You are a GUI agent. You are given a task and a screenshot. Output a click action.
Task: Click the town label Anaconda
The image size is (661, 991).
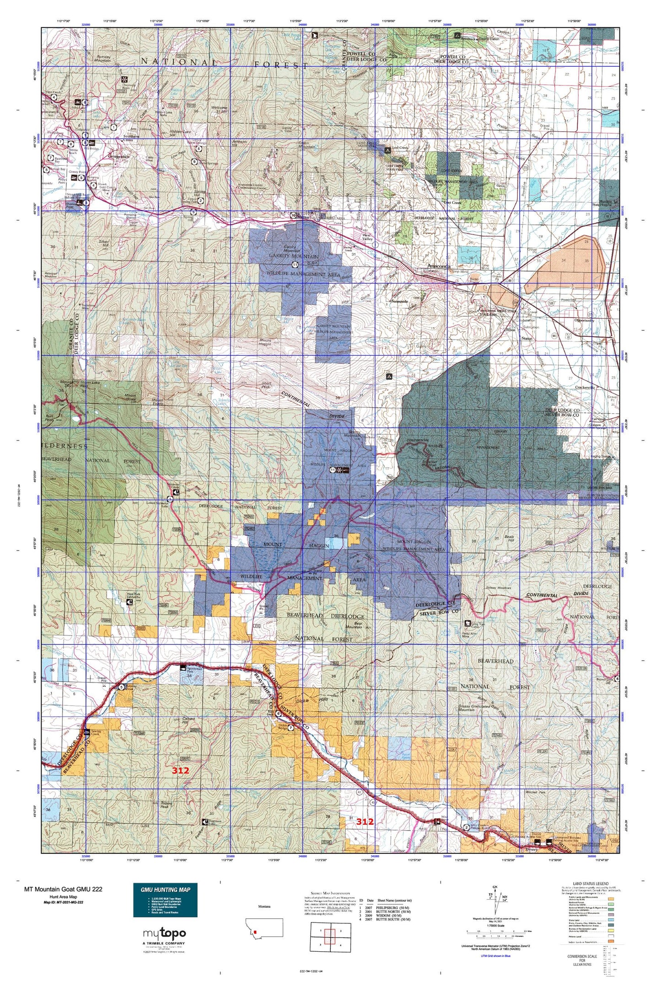pos(439,266)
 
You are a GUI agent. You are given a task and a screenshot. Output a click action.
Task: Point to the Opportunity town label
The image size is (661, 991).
pos(583,320)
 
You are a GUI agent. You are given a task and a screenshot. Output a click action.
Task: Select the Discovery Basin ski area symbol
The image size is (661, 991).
pos(124,80)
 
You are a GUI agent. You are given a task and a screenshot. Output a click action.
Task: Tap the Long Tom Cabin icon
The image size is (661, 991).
pos(467,623)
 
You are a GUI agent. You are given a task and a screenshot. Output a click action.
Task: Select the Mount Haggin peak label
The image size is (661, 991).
pos(266,341)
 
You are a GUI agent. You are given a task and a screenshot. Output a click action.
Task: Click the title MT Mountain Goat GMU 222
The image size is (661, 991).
pos(63,889)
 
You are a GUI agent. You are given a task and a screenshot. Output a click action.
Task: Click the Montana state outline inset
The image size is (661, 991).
pos(264,927)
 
